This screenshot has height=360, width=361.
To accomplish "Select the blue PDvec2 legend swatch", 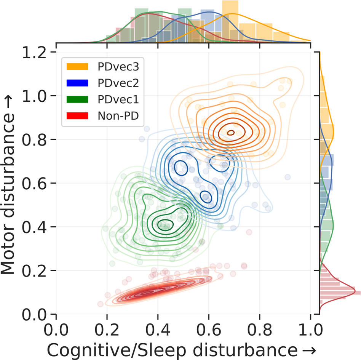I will (x=78, y=83).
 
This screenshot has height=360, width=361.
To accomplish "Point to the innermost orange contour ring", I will (x=231, y=133).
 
